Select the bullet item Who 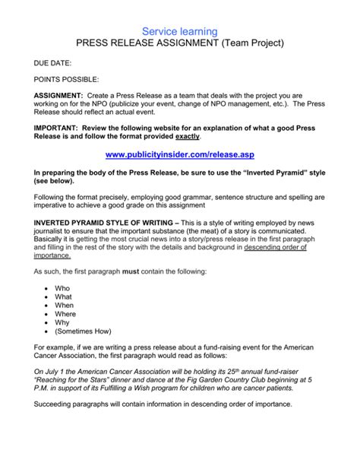[x=63, y=289]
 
